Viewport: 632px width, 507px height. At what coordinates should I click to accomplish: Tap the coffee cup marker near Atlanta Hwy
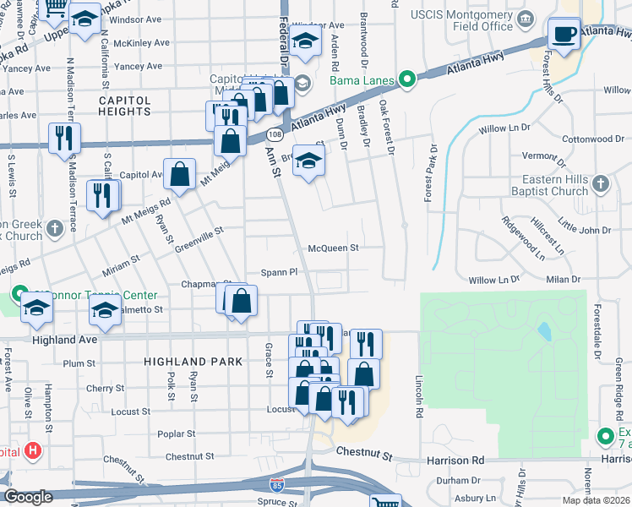[x=564, y=35]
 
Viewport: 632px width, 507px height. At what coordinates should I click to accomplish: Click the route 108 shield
[x=275, y=135]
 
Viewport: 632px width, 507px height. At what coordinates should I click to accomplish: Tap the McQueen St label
[x=334, y=248]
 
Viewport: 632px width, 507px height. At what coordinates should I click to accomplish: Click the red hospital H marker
[x=33, y=450]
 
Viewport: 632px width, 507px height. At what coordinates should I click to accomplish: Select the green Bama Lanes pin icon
[x=406, y=81]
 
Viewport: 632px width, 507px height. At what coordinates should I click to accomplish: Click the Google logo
[x=28, y=496]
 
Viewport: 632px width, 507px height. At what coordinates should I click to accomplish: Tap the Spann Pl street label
[x=280, y=273]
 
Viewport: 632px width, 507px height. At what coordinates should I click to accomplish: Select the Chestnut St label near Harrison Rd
[x=366, y=455]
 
